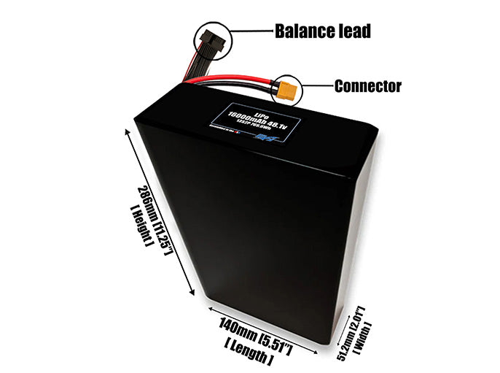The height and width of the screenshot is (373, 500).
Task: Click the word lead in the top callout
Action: point(353,31)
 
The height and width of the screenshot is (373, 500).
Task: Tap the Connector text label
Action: point(367,86)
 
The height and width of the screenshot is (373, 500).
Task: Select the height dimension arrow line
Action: point(162,212)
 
